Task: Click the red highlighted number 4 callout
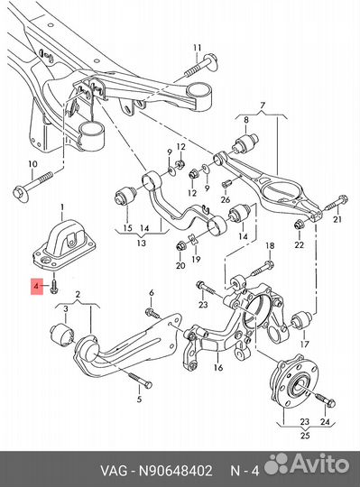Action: (x=36, y=288)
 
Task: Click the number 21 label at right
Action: (x=337, y=218)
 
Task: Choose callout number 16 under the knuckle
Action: (x=217, y=368)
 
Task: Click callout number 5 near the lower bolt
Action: (x=138, y=398)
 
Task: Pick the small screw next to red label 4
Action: (x=55, y=287)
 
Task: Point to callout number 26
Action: (x=226, y=199)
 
